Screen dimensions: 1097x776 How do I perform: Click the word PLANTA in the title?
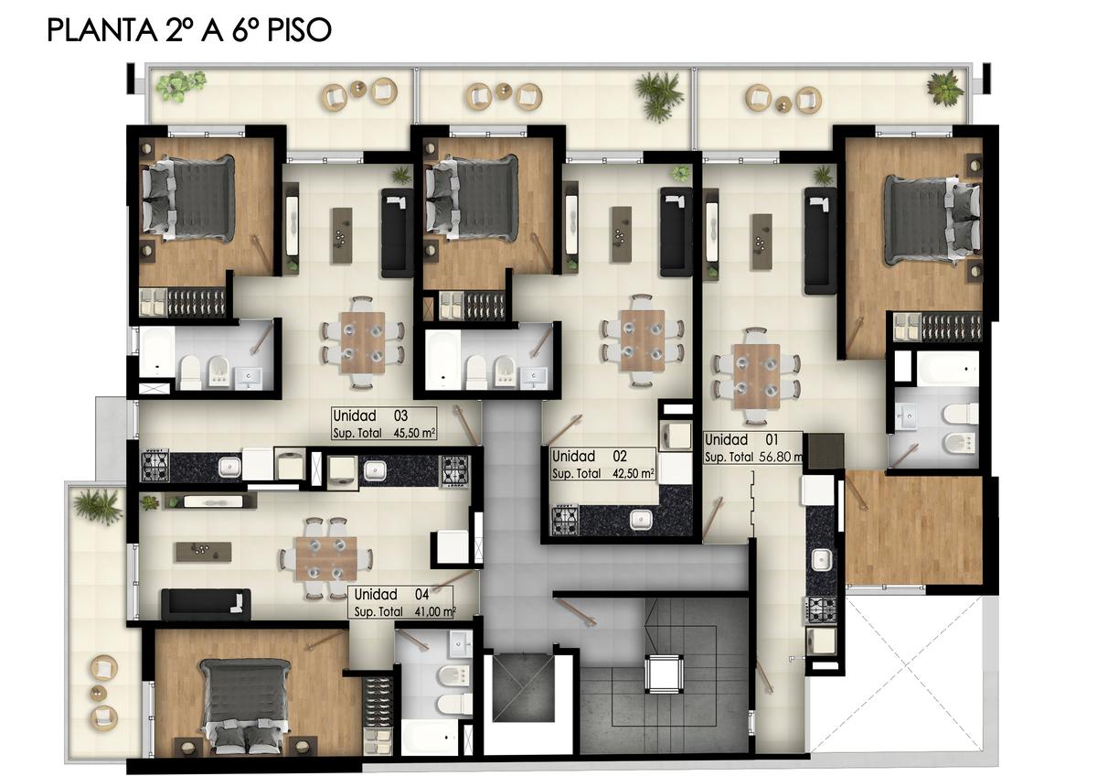[x=101, y=30]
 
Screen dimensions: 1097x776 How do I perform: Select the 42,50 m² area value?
[x=634, y=473]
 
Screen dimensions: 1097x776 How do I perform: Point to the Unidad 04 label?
[x=391, y=594]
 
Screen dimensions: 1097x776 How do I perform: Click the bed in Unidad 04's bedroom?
[x=246, y=706]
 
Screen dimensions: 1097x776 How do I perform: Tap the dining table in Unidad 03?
[x=363, y=342]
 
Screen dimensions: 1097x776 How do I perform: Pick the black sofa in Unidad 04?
[x=206, y=603]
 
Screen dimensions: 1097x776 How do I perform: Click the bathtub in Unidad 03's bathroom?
[x=156, y=352]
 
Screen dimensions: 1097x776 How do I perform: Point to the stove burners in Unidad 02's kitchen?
[x=565, y=520]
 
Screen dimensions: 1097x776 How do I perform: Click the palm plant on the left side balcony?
[x=98, y=506]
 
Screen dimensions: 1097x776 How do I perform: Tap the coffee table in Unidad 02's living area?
[x=622, y=234]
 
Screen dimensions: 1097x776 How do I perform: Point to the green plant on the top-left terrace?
[x=179, y=85]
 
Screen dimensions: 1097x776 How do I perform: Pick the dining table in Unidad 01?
[x=756, y=376]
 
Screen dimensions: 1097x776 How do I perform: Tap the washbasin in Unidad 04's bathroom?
[x=461, y=642]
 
